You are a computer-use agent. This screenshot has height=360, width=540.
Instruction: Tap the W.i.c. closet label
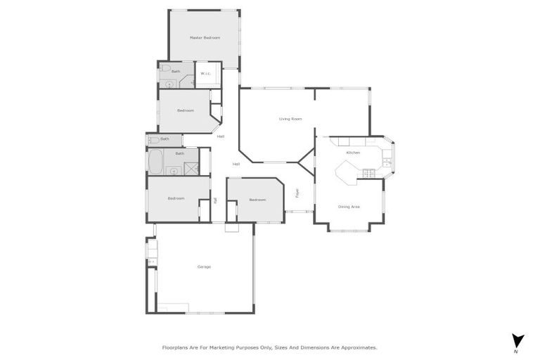pyautogui.click(x=206, y=73)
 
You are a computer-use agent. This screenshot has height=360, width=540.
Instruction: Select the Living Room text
pyautogui.click(x=290, y=120)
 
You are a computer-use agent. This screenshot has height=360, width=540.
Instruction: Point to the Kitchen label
pyautogui.click(x=353, y=153)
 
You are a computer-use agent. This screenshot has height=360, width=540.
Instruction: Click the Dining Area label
pyautogui.click(x=349, y=206)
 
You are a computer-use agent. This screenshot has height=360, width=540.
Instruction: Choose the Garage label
pyautogui.click(x=204, y=266)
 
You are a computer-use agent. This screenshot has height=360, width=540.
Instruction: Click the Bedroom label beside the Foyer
pyautogui.click(x=257, y=200)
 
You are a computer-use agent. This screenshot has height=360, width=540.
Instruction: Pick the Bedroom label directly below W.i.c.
pyautogui.click(x=185, y=110)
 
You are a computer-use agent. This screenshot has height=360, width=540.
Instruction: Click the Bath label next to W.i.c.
pyautogui.click(x=176, y=71)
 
